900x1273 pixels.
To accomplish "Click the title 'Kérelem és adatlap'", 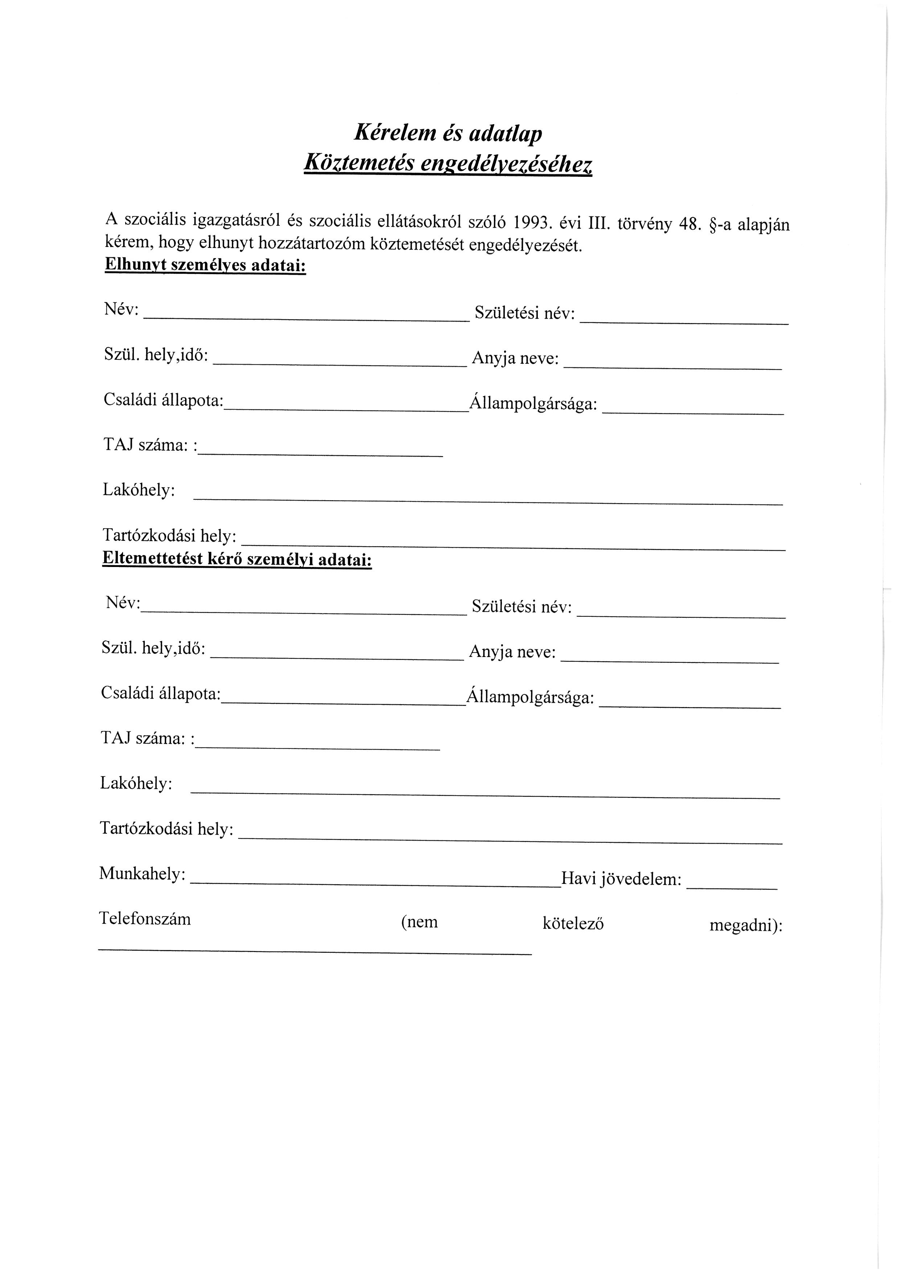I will pos(448,134).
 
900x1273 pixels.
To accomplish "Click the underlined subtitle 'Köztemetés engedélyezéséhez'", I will pos(448,163).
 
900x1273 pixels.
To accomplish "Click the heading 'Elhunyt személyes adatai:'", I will pos(205,265).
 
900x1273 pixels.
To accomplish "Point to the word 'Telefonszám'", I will pos(145,919).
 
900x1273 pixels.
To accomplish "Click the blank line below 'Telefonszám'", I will pos(315,952).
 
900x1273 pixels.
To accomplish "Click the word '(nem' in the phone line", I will pos(419,922).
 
